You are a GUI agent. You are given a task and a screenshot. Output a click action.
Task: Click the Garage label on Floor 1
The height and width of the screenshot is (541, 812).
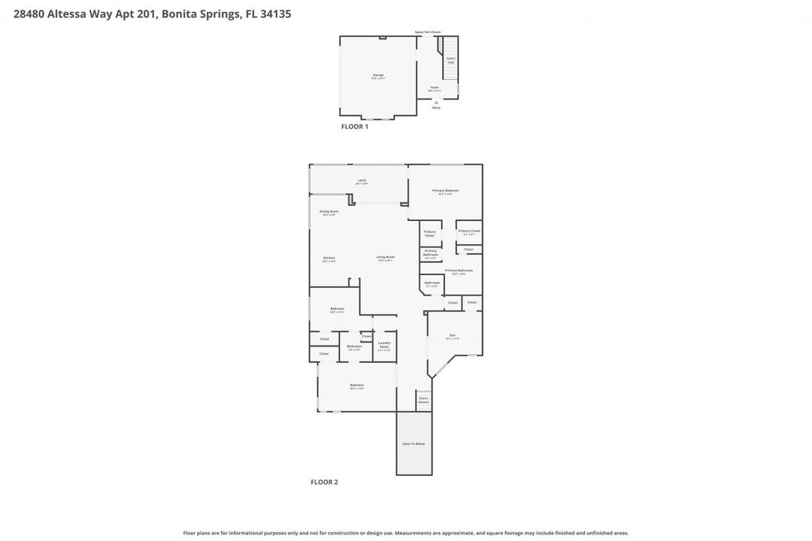[x=378, y=76]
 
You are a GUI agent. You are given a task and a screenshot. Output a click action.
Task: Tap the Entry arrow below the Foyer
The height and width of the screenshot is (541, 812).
[x=436, y=102]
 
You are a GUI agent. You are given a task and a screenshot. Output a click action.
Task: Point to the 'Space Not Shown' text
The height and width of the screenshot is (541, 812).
[x=428, y=32]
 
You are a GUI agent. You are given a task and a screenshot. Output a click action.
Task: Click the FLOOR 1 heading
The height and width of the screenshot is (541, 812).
[x=355, y=127]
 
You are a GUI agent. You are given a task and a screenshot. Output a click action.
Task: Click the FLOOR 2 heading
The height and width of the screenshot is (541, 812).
[x=324, y=482]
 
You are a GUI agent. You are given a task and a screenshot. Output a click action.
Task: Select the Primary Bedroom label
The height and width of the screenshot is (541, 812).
[x=445, y=192]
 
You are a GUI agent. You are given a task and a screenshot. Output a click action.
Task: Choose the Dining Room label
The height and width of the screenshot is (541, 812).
[x=329, y=213]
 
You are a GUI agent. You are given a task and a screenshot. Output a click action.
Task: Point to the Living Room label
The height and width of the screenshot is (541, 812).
[x=386, y=258]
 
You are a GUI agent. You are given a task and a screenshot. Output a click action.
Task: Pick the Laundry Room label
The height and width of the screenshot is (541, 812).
[x=384, y=345]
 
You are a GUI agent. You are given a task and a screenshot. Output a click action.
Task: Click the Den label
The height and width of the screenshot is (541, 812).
[x=453, y=337]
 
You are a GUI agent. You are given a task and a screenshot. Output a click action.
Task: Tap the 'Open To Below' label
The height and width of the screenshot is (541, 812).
[x=414, y=444]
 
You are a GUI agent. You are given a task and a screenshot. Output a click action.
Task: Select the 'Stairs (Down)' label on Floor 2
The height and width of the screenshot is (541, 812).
[x=423, y=400]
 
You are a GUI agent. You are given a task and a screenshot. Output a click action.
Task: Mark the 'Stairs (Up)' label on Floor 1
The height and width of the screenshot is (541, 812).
[x=450, y=59]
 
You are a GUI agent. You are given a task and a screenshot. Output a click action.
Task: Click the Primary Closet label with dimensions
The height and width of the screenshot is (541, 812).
[x=469, y=232]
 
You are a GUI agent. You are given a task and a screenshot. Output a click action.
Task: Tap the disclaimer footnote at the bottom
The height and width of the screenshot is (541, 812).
[x=406, y=533]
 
